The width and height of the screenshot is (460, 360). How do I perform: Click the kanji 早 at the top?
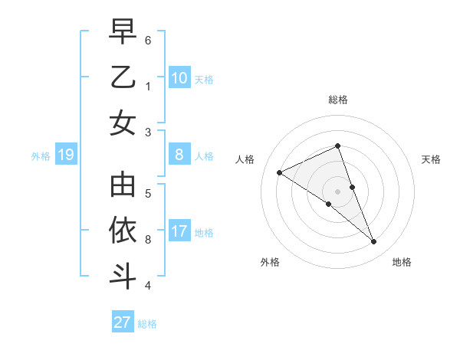click(x=123, y=32)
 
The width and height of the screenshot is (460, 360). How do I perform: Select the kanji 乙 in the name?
click(x=123, y=77)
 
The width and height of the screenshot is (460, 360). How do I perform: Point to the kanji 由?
click(x=123, y=185)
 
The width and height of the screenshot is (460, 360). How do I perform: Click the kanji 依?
click(x=123, y=230)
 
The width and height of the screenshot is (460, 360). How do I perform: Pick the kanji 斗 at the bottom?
click(x=123, y=275)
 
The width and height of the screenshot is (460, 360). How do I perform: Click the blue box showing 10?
click(x=179, y=78)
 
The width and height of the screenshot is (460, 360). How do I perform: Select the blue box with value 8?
click(x=179, y=155)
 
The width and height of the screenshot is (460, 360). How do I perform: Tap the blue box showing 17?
click(x=179, y=231)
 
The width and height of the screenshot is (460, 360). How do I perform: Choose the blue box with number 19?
click(x=66, y=155)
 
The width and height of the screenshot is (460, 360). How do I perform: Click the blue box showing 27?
click(x=123, y=322)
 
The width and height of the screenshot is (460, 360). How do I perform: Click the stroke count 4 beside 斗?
click(x=148, y=286)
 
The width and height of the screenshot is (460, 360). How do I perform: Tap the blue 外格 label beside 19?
click(x=41, y=156)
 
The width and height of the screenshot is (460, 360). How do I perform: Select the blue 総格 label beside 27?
click(x=148, y=324)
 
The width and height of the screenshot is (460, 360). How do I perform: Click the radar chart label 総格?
click(x=338, y=100)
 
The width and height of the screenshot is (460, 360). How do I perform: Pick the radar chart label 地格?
click(x=402, y=262)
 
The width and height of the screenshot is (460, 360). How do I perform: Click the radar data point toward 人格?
click(x=279, y=172)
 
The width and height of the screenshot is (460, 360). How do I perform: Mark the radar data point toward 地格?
click(x=374, y=242)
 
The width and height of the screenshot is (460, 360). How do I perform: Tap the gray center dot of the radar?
click(x=338, y=191)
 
